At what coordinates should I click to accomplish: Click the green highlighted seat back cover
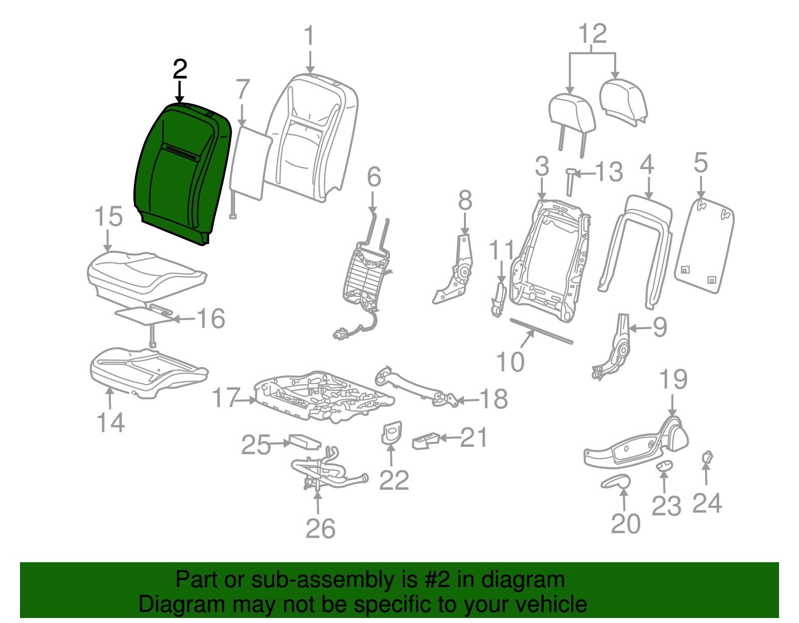(x=182, y=173)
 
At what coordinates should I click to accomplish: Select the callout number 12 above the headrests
(x=592, y=33)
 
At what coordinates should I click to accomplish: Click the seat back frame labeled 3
(x=550, y=261)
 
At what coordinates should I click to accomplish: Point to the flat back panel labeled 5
(x=704, y=245)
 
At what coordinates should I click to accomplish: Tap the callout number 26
(x=320, y=529)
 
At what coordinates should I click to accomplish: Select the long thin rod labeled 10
(x=541, y=331)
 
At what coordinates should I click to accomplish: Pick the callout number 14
(x=110, y=422)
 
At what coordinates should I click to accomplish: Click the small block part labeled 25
(x=305, y=441)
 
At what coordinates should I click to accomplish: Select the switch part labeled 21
(x=425, y=441)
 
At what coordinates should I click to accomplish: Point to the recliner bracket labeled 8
(x=453, y=270)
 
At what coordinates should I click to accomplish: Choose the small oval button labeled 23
(x=664, y=466)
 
